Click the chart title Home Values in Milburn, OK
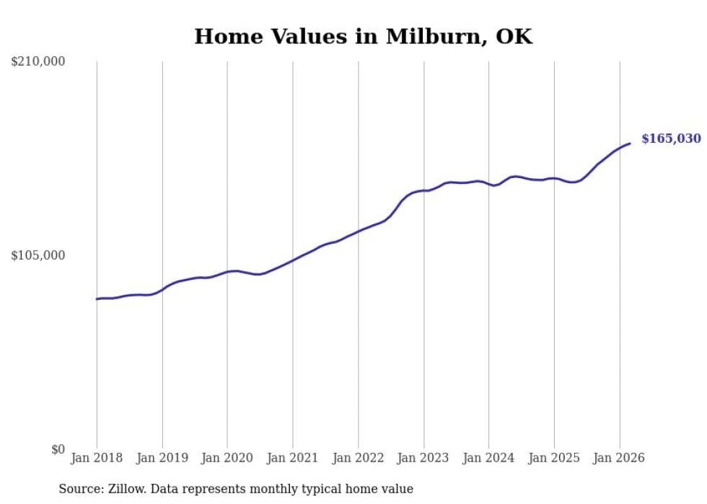[363, 37]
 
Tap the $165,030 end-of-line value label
[671, 138]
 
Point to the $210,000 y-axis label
[38, 62]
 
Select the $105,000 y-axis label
[38, 255]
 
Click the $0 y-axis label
[58, 449]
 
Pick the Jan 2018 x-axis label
[97, 458]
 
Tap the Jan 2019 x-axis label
[162, 458]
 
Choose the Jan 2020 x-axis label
[227, 458]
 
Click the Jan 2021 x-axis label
[293, 458]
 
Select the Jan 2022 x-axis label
[358, 458]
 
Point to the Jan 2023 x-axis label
[423, 458]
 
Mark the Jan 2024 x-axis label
[488, 458]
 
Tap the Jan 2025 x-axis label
[554, 458]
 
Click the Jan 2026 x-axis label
[619, 458]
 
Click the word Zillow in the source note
[126, 489]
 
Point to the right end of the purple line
[630, 143]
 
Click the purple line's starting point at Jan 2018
[97, 299]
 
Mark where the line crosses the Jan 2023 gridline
[423, 190]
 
